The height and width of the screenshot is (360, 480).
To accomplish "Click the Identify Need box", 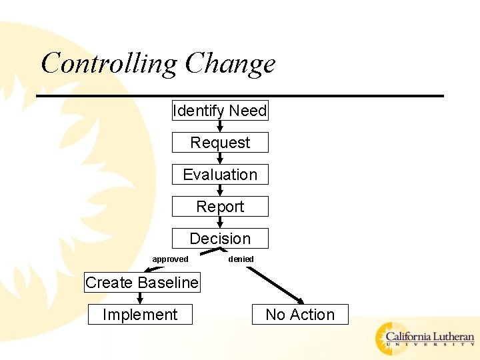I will coord(220,111).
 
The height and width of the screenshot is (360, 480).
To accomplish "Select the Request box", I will coord(220,143).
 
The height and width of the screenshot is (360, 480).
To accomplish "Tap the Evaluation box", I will coord(220,175).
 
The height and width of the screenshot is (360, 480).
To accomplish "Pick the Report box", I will coord(220,207).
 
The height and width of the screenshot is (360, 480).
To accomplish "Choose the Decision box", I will coord(220,239).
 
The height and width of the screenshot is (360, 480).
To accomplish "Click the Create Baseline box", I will coord(142,283).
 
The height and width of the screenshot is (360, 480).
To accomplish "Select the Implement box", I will coord(140,315).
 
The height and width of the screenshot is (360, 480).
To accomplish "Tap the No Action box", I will coord(300,315).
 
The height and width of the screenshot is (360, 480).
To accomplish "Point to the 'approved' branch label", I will coord(170,259).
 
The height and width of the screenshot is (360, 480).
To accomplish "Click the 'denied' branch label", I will coord(241,259).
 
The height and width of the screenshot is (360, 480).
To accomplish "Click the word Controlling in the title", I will coord(109,64).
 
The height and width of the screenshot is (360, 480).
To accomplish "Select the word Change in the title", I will coord(230,64).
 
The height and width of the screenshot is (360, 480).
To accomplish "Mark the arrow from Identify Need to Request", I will coord(220,126).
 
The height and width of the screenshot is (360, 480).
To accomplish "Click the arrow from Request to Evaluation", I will coord(220,159).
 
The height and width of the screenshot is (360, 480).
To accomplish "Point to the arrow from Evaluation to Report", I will coord(220,191).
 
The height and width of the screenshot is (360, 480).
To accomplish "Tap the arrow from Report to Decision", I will coord(220,223).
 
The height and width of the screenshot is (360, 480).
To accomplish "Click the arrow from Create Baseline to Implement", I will coord(140,298).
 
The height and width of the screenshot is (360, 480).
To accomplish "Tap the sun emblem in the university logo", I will coord(389,338).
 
